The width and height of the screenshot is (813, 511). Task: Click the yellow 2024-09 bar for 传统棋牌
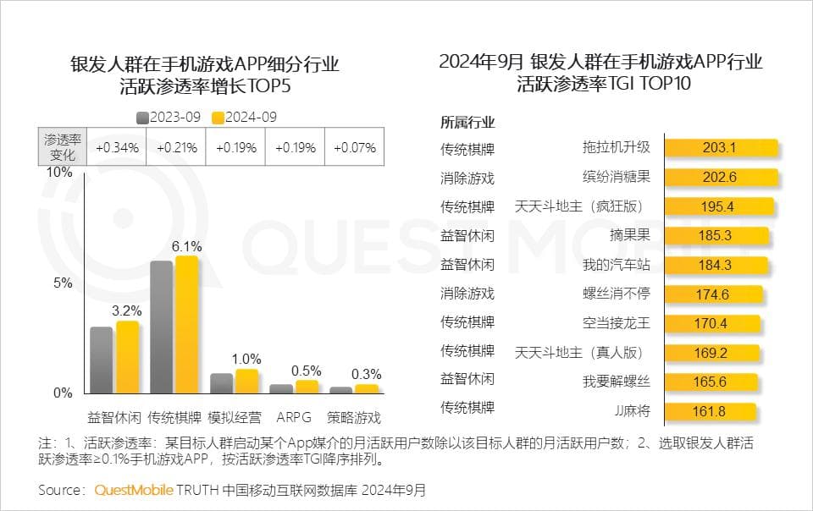(186, 324)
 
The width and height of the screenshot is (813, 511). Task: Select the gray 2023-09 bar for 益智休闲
(102, 360)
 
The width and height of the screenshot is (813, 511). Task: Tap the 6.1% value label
(187, 246)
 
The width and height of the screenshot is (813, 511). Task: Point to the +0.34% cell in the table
(117, 147)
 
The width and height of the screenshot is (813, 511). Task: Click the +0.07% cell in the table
(354, 147)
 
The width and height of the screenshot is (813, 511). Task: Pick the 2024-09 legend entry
(246, 118)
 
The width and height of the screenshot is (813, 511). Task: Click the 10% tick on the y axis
(58, 172)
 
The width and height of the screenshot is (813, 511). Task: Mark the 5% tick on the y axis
(63, 283)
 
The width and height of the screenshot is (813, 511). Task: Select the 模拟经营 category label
(235, 417)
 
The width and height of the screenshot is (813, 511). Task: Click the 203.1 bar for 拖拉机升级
(721, 148)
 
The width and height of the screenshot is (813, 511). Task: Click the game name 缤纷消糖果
(616, 177)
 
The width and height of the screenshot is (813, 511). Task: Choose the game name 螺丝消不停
(616, 294)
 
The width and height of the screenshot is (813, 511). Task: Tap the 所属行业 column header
(467, 122)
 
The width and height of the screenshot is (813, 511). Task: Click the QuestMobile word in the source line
(134, 491)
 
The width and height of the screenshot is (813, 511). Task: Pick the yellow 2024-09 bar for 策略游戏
(366, 388)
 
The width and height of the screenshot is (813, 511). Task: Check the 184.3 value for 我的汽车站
(715, 265)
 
